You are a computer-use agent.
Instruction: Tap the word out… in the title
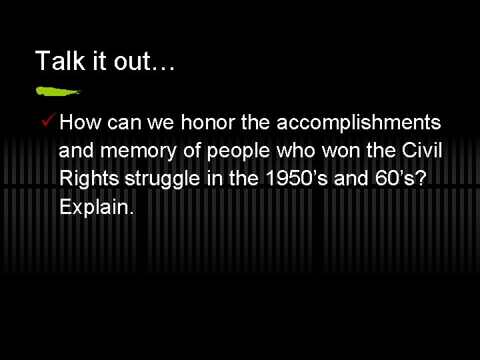tap(147, 61)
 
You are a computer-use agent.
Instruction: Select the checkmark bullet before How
tap(47, 122)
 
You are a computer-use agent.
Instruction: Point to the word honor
tap(216, 123)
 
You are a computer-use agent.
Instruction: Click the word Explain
tap(97, 207)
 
